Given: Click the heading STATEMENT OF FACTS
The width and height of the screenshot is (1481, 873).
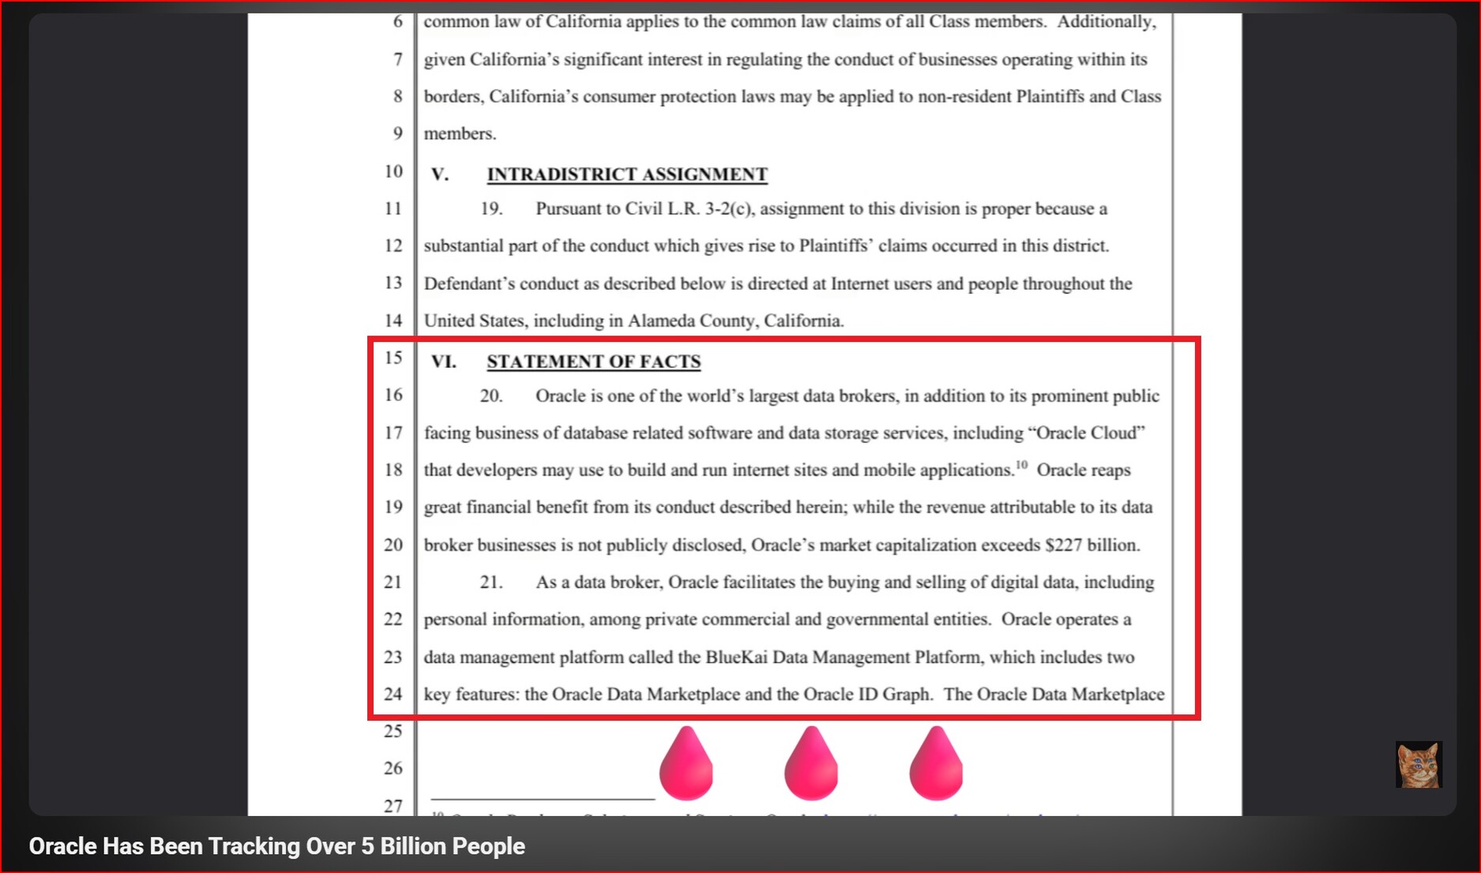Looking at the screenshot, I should (x=593, y=362).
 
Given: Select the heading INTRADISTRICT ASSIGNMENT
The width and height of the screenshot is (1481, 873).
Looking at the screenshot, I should (x=626, y=174).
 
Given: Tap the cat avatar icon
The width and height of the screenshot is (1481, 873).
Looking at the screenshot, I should (x=1418, y=764).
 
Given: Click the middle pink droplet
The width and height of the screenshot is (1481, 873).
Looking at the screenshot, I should (x=811, y=765).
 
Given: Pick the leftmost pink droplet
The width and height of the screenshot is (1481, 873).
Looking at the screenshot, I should (x=686, y=765).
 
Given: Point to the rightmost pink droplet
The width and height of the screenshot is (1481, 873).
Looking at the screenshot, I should (x=936, y=765).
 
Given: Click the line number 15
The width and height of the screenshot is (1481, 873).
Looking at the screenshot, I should (x=393, y=358).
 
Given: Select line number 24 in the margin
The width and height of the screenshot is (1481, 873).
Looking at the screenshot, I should (x=393, y=694).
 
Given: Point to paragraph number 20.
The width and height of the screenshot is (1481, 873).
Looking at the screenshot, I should (x=491, y=395).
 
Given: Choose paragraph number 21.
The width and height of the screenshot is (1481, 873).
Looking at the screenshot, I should (x=491, y=582).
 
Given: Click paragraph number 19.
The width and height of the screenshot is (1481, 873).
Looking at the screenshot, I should (x=491, y=208).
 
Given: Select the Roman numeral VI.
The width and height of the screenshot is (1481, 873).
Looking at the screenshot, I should (x=443, y=362).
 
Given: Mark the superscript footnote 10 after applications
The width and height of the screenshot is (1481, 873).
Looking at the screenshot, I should (x=1021, y=465).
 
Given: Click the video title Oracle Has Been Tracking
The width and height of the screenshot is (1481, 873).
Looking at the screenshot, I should (x=276, y=846).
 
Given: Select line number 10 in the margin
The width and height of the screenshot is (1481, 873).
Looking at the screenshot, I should (x=393, y=171).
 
